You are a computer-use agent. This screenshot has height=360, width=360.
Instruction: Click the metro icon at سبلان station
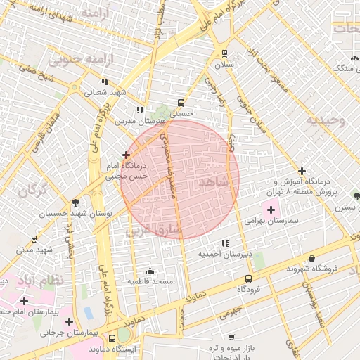224,53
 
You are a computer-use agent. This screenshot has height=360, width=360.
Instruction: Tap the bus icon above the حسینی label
182,101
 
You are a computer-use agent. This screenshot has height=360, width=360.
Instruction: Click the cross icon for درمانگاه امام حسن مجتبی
127,155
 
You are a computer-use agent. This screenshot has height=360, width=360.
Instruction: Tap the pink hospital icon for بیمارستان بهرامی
271,210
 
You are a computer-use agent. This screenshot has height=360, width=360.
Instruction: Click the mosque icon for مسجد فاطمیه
149,271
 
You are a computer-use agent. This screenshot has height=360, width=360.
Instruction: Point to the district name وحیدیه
326,120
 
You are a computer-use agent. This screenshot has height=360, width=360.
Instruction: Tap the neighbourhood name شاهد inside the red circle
214,182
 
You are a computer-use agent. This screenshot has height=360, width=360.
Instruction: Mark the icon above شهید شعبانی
105,82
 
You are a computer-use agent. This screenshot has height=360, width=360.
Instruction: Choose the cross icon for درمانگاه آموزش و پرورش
302,171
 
